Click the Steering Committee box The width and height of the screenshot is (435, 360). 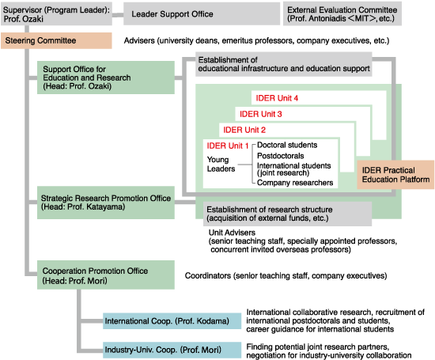click(x=56, y=40)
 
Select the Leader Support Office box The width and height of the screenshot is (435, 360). click(x=202, y=14)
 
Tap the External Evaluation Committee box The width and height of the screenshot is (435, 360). click(x=342, y=14)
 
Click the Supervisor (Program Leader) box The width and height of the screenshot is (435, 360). click(x=56, y=14)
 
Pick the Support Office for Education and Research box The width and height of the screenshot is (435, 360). click(x=106, y=78)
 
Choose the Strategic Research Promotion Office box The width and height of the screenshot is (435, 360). click(x=106, y=203)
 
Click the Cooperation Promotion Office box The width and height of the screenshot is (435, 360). click(x=106, y=275)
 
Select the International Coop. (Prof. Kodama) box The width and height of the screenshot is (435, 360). click(x=172, y=321)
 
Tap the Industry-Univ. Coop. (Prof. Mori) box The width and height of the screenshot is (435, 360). click(x=172, y=350)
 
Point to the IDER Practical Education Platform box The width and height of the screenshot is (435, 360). click(x=395, y=175)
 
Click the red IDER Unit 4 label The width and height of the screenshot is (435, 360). click(x=277, y=98)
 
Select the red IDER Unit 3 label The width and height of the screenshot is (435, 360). click(x=261, y=114)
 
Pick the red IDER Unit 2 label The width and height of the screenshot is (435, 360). click(x=244, y=130)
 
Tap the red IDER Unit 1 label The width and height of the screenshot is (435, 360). click(x=228, y=146)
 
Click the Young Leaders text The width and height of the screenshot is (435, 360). click(x=221, y=164)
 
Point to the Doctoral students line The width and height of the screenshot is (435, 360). click(x=287, y=145)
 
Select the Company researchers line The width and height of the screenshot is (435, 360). click(x=295, y=183)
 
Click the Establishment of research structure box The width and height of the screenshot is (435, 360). click(x=287, y=214)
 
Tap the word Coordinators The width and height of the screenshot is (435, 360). click(x=208, y=275)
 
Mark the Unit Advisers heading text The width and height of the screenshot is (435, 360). click(x=232, y=233)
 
